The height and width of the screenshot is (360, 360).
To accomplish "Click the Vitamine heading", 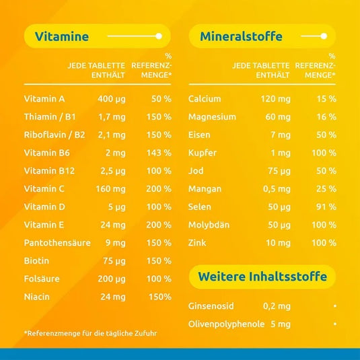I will coord(62,36).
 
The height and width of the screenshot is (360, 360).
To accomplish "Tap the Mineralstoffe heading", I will coord(236,36).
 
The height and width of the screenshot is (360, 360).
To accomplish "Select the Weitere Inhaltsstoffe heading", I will coord(262,277).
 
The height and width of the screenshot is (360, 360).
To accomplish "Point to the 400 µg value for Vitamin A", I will coord(111,99).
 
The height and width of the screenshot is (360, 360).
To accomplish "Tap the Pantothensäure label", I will coord(57,242).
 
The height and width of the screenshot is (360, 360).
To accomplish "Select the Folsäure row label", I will coord(42,278).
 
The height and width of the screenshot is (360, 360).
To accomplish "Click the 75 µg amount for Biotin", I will coord(114,260).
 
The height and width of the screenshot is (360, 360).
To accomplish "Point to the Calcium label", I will coord(205,99).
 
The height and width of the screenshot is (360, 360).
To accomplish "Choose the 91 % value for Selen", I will coord(326,207).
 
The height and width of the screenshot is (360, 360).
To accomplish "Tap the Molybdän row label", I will coord(211,224).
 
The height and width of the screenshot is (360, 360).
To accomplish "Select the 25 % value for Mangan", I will coord(326,188).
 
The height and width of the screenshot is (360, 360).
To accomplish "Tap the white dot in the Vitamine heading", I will coord(158,36).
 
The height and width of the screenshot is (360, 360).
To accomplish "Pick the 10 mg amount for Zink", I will coord(278,242).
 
